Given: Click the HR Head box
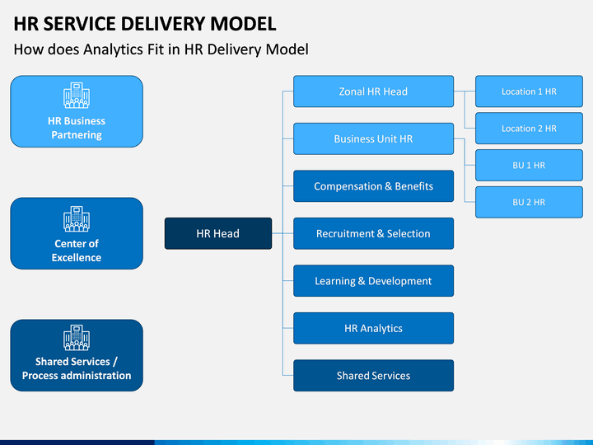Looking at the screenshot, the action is click(218, 233).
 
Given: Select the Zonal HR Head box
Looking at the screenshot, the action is click(374, 91).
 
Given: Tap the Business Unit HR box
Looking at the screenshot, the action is click(374, 138).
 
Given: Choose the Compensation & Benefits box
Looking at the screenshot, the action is click(374, 185).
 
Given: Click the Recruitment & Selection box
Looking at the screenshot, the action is click(374, 233).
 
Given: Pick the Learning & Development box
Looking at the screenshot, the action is click(374, 281).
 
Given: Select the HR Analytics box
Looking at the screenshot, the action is click(374, 328).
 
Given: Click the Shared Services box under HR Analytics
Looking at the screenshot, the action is click(374, 376).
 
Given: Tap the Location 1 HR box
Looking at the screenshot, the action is click(529, 91).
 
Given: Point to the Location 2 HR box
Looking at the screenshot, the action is click(529, 129).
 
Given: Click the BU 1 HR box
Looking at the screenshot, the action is click(529, 165).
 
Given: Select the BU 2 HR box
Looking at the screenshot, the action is click(529, 202).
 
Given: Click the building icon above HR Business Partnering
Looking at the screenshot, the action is click(77, 96).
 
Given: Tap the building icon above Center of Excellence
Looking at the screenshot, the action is click(77, 218).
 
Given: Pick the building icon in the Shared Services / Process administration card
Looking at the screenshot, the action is click(77, 337).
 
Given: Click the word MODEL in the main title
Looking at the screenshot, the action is click(243, 23).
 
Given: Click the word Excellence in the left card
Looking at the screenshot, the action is click(77, 257).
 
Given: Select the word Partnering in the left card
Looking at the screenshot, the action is click(77, 134).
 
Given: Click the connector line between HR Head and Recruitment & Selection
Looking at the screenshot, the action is click(282, 233).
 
